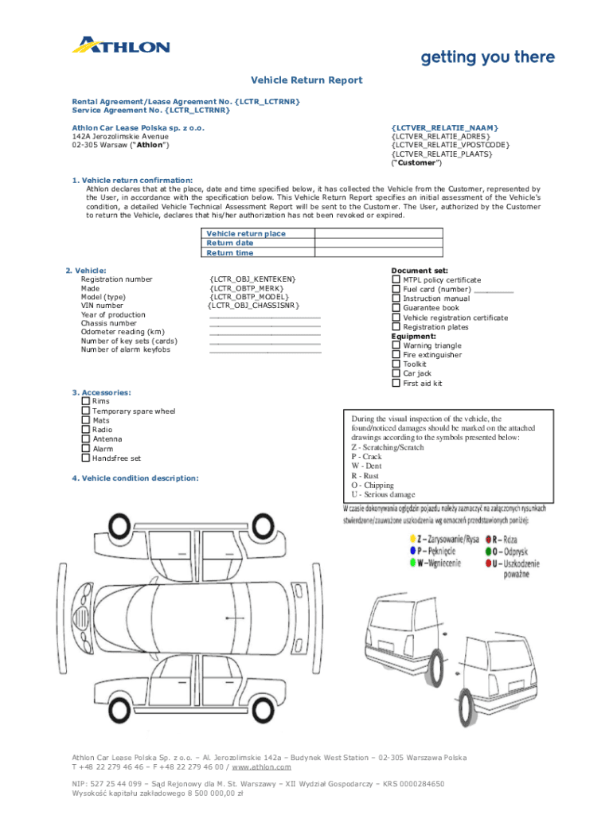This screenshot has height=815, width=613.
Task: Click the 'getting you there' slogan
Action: pos(487,57)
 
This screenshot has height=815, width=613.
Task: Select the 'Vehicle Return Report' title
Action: pos(306,80)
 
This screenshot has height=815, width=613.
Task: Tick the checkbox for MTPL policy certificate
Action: pos(396,279)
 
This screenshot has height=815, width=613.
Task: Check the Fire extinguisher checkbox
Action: pos(396,355)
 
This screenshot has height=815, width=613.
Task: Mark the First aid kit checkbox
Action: pos(396,383)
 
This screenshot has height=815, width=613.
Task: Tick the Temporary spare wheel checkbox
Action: pos(85,411)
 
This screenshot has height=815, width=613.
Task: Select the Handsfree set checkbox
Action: pos(85,458)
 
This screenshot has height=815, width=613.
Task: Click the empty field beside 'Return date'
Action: pos(378,243)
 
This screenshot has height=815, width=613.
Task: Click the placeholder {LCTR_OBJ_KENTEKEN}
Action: pos(252,279)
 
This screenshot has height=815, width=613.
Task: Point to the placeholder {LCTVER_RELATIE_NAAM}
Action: pos(444,127)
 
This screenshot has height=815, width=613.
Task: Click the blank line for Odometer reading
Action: pos(265,333)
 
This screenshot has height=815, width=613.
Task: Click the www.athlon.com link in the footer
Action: pos(262,766)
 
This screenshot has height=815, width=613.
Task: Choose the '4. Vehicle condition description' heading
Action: pos(135,478)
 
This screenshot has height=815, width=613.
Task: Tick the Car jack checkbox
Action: pos(396,373)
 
